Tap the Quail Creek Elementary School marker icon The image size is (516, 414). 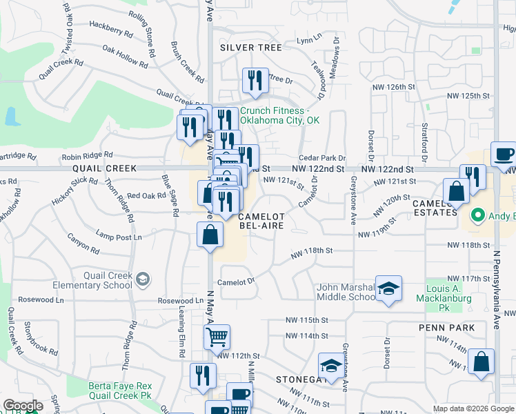click(x=143, y=279)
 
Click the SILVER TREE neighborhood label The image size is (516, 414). click(x=251, y=48)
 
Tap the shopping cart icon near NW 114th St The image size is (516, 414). click(x=217, y=337)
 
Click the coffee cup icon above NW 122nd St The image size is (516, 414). click(x=503, y=154)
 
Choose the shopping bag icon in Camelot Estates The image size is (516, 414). click(x=456, y=191)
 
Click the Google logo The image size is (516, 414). click(x=23, y=406)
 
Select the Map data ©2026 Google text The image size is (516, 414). click(x=473, y=408)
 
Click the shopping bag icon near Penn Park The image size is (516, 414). click(x=481, y=361)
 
